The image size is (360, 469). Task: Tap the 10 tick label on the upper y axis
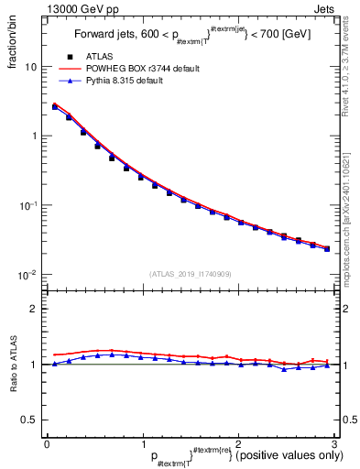(31, 67)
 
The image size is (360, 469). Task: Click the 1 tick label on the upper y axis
(34, 136)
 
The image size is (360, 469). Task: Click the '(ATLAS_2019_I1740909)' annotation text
(190, 274)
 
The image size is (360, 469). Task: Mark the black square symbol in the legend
(69, 57)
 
